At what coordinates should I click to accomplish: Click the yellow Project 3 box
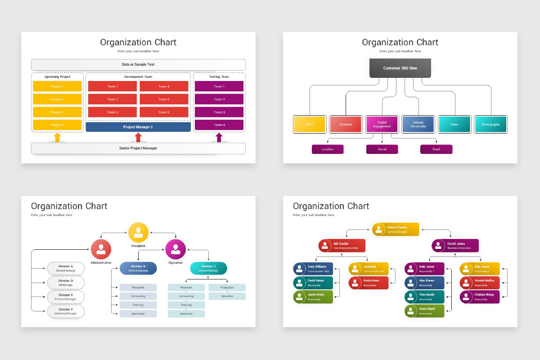tap(57, 112)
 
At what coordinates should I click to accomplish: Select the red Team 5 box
tap(164, 99)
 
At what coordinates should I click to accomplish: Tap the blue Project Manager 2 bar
tap(138, 127)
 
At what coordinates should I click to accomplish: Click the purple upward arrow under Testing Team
tap(219, 137)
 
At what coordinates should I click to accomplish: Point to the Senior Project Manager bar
tap(138, 148)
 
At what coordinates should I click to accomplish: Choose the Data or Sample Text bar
tap(138, 64)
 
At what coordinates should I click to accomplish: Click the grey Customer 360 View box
tap(400, 68)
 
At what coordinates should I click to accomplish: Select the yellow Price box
tap(309, 124)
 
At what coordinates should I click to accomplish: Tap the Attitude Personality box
tap(418, 124)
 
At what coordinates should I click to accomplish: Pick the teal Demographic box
tap(490, 124)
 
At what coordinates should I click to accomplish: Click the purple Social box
tap(382, 149)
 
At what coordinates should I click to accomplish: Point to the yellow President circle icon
tap(138, 232)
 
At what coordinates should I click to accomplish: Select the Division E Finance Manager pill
tap(66, 297)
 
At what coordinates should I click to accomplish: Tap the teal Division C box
tap(209, 268)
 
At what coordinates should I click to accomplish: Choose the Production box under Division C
tap(227, 287)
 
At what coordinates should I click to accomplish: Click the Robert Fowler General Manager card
tap(396, 229)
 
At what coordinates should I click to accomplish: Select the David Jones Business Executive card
tap(455, 246)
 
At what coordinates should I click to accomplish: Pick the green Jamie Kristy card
tap(313, 297)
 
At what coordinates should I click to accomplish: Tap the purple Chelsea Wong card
tap(480, 297)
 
